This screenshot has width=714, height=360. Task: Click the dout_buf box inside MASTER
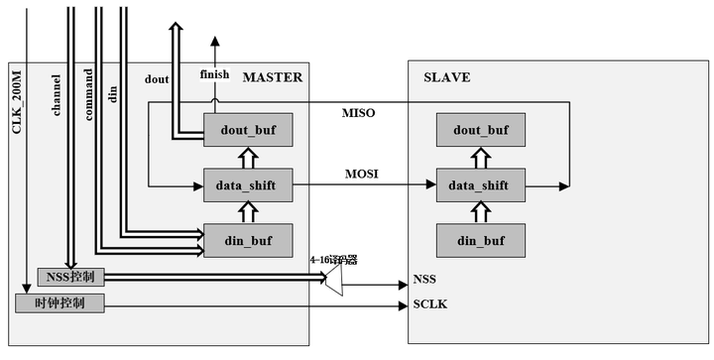click(248, 129)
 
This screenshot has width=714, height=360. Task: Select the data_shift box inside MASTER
click(248, 184)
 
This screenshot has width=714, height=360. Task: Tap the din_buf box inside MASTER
click(248, 239)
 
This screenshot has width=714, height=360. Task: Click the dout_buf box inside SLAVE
click(481, 129)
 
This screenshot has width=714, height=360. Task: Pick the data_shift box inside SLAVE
click(481, 184)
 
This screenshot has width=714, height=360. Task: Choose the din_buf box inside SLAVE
click(481, 239)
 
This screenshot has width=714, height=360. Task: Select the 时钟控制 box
click(59, 303)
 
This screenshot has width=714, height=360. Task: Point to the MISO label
click(358, 113)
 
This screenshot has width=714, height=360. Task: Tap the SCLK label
click(429, 303)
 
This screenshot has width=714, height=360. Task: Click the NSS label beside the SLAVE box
click(424, 280)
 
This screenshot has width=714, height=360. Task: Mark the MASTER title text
click(272, 76)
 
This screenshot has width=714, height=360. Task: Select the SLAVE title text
click(447, 76)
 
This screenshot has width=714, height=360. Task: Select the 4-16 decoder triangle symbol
click(334, 282)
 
